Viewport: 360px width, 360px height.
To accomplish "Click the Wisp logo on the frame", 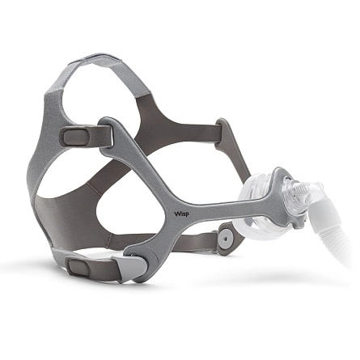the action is [x=181, y=214].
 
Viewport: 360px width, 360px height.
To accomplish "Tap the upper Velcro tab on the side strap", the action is [x=76, y=137].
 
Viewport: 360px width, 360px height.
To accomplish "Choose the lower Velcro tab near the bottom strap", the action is [x=78, y=266].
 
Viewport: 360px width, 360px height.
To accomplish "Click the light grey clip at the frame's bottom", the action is [x=130, y=267].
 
